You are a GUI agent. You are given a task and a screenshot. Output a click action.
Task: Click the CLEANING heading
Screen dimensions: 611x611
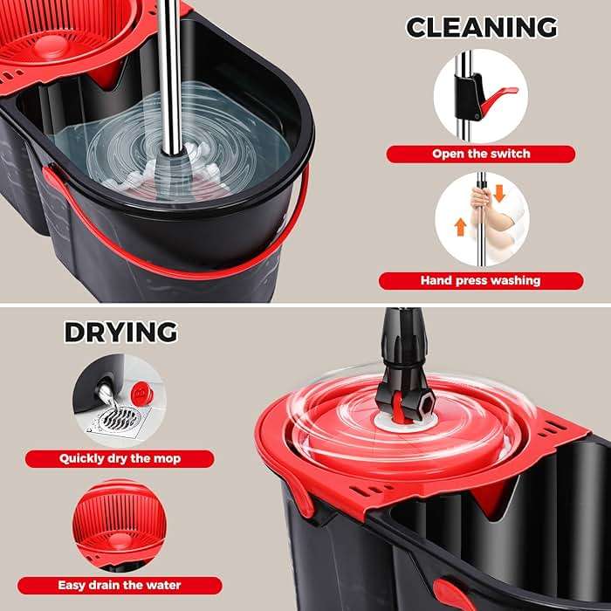pos(481,26)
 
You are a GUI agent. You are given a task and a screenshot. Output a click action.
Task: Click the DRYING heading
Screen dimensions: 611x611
pos(120,332)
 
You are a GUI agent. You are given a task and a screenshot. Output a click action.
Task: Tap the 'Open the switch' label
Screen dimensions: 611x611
pos(481,154)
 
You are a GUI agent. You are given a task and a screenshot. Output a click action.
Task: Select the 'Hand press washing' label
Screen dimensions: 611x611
pos(480,280)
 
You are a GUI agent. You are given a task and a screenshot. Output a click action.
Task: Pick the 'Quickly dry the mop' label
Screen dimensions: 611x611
pos(119,457)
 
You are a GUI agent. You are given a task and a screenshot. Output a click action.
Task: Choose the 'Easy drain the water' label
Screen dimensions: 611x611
pos(120,586)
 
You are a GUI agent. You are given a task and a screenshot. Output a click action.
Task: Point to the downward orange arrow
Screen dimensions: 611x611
pos(499,193)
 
